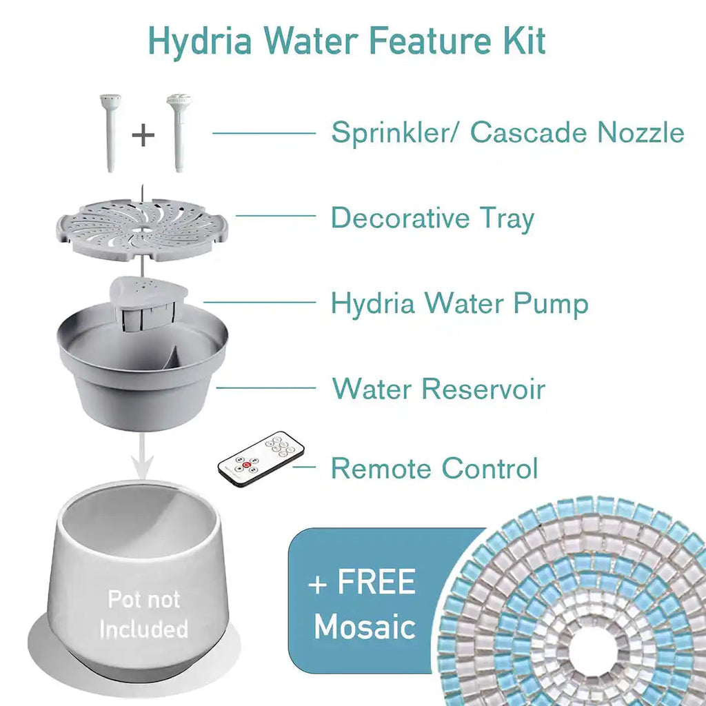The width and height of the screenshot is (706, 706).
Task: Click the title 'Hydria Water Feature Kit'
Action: click(x=347, y=41)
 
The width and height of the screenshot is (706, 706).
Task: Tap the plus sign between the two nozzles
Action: click(x=143, y=134)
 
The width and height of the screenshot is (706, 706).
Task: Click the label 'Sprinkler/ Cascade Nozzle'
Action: click(x=507, y=132)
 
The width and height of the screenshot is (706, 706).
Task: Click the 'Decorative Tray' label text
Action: click(x=433, y=219)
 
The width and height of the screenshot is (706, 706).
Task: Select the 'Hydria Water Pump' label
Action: click(x=460, y=303)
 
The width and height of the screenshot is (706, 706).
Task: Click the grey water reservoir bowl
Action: click(x=141, y=386)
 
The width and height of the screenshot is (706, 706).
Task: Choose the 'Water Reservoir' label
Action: click(x=438, y=389)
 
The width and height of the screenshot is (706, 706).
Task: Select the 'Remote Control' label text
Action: click(x=434, y=469)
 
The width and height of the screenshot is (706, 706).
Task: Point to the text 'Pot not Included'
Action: click(x=143, y=614)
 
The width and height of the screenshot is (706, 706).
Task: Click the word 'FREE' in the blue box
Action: click(x=376, y=583)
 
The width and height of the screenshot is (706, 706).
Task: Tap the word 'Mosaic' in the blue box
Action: click(x=365, y=626)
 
